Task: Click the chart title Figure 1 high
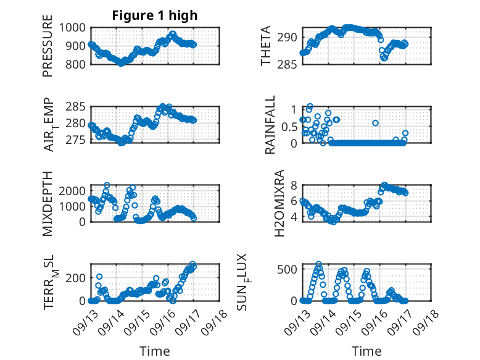pyautogui.click(x=155, y=15)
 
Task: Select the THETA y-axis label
pyautogui.click(x=266, y=46)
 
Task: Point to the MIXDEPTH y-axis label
pyautogui.click(x=48, y=204)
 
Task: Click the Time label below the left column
pyautogui.click(x=155, y=351)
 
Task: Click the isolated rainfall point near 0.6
pyautogui.click(x=375, y=123)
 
